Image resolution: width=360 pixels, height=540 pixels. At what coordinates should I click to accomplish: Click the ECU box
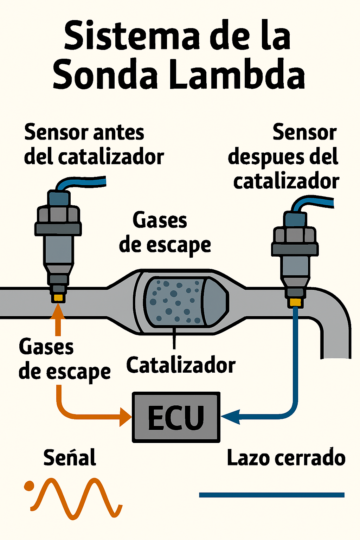click(x=176, y=417)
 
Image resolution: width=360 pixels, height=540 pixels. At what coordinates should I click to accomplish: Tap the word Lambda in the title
click(x=238, y=75)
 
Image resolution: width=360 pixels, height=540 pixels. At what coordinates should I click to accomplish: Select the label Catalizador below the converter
click(x=181, y=365)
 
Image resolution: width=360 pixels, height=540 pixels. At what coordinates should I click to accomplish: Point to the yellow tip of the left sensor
click(x=58, y=298)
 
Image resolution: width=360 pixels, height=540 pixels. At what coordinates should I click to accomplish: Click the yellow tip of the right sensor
click(x=295, y=302)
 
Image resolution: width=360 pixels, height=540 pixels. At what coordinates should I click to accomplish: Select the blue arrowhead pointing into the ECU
click(x=230, y=417)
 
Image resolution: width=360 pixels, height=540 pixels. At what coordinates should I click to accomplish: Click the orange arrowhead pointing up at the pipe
click(x=58, y=311)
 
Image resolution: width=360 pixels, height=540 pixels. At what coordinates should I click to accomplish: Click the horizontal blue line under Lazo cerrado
click(x=271, y=495)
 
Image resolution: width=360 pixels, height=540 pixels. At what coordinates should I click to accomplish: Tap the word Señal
click(x=70, y=458)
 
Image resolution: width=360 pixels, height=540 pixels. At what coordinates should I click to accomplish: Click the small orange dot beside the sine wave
click(x=29, y=486)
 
